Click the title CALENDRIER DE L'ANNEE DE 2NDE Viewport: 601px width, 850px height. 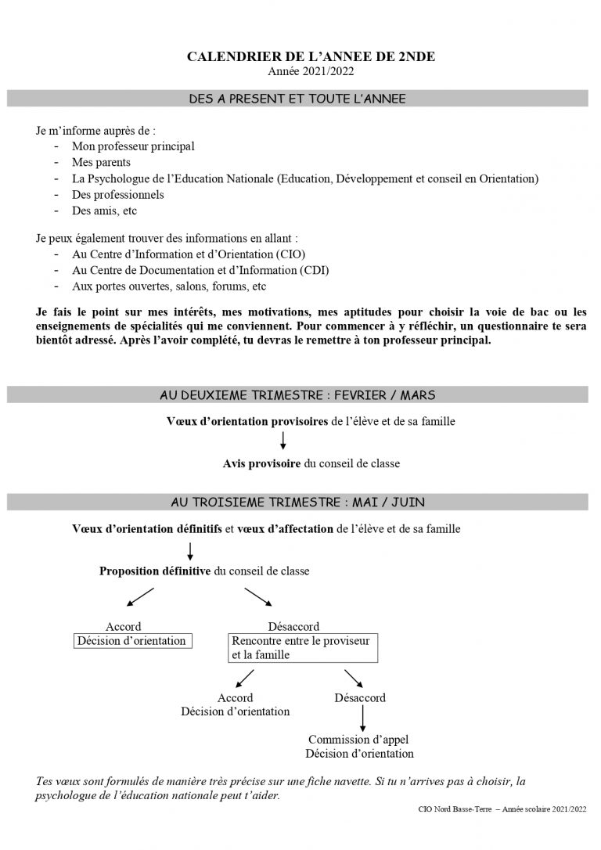300,58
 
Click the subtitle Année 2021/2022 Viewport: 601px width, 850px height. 300,72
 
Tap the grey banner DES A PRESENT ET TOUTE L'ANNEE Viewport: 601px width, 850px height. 297,99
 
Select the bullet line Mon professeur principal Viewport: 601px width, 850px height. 133,146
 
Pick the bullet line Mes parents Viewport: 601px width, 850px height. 101,162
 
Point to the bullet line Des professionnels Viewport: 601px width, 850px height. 118,194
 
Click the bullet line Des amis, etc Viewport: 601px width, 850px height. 105,211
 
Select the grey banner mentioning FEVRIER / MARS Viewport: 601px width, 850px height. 297,395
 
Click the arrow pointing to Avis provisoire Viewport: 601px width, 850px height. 283,443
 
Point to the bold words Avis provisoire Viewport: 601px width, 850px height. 261,464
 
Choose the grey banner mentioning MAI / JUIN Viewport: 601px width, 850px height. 297,501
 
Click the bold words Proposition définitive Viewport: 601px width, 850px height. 154,571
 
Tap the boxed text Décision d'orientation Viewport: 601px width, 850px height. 131,641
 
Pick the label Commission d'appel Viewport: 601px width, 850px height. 358,740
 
